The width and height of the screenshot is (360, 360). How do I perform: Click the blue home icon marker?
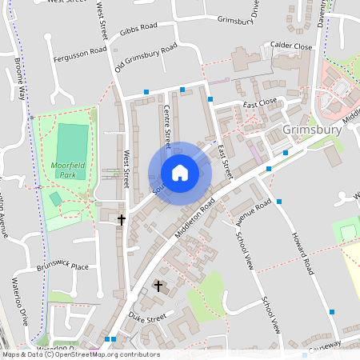180,173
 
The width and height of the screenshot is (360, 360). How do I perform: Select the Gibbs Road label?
138,29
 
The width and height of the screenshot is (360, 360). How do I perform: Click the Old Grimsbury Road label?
146,59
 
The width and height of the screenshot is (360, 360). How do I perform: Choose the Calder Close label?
291,46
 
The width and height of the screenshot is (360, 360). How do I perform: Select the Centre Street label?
168,127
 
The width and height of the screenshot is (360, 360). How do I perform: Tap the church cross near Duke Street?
158,286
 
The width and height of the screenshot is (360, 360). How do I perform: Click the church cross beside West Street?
122,218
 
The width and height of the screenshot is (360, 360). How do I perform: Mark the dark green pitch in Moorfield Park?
72,140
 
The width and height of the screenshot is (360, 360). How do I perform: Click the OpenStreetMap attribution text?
80,354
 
